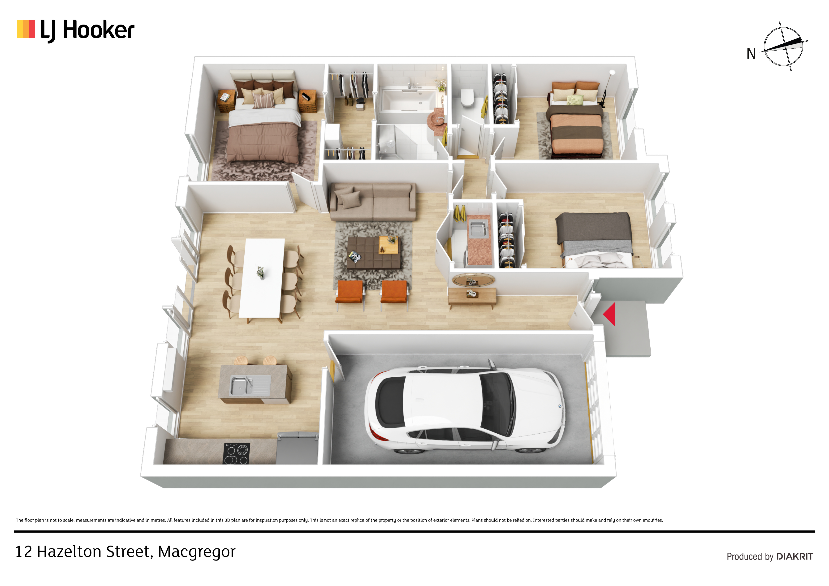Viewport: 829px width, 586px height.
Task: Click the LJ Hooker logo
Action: pyautogui.click(x=75, y=30)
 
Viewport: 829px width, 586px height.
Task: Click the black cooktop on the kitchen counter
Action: pyautogui.click(x=237, y=453)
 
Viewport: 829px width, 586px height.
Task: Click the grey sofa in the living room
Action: pyautogui.click(x=373, y=201)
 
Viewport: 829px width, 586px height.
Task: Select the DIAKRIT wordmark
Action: pyautogui.click(x=795, y=557)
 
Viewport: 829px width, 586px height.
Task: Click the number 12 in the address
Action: pyautogui.click(x=23, y=552)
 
